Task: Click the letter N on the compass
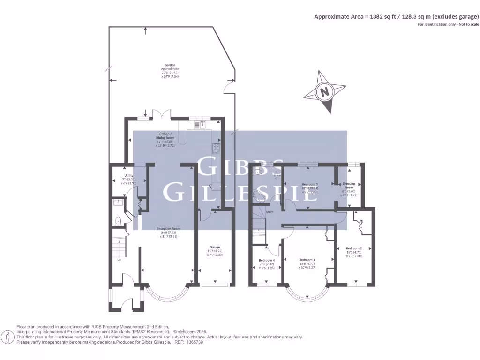324,92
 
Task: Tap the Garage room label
215,247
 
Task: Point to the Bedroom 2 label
354,248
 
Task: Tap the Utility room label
129,175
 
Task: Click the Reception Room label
168,228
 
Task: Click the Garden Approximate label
170,69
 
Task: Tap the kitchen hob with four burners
216,148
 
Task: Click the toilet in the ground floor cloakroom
118,221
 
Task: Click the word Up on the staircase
119,259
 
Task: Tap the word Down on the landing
270,212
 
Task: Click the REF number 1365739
194,342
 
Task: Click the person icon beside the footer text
8,337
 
